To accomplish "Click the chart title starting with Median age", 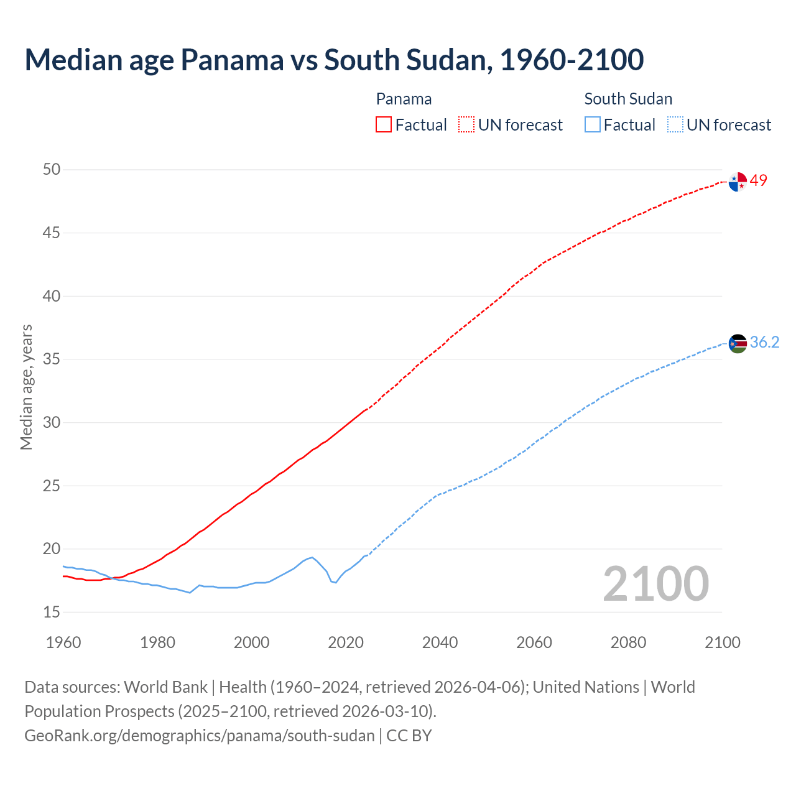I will click(334, 60).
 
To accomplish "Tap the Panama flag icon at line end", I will click(738, 182).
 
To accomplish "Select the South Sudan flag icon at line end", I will click(738, 343).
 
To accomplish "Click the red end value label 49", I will click(759, 180).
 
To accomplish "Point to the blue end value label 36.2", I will click(764, 342).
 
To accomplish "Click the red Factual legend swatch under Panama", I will click(384, 125).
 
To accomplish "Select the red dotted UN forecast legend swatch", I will click(466, 125).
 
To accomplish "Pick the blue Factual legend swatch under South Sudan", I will click(593, 125).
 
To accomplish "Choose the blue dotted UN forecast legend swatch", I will click(675, 125).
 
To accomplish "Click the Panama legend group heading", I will click(404, 99).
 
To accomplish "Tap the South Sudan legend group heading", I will click(628, 99).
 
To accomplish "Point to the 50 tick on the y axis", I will click(52, 170).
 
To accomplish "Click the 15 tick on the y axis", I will click(52, 612).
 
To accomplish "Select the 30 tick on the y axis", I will click(52, 422).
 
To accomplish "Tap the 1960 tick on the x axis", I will click(63, 642).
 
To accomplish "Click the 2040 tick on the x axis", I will click(440, 642).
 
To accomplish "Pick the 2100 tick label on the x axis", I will click(723, 642).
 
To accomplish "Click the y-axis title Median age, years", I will click(26, 387).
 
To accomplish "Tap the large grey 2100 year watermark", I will click(655, 583).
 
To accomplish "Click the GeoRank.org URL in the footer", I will click(200, 735).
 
